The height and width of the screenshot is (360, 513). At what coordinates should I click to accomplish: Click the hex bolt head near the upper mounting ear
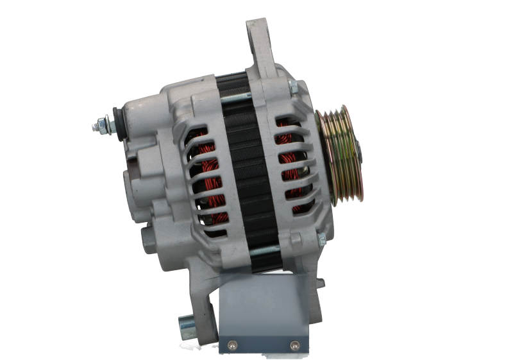[x=291, y=89]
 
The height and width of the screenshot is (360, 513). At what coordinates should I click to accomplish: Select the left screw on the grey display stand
[x=231, y=342]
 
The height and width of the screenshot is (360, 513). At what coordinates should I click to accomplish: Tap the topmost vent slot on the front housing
[x=287, y=122]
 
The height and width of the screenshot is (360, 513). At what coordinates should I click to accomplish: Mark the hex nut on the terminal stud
[x=103, y=124]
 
